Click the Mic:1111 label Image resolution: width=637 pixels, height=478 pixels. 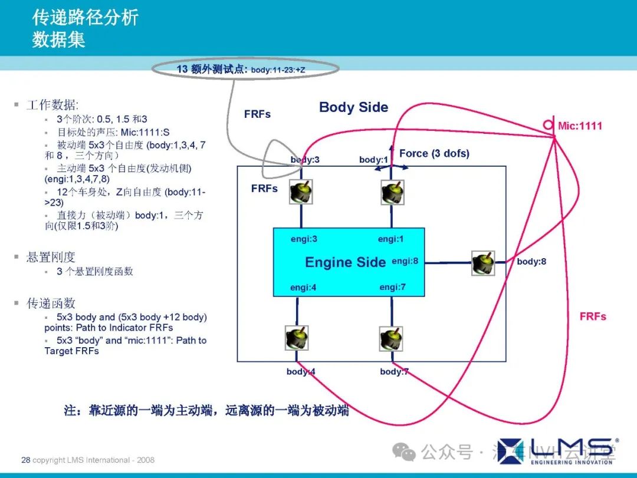(x=580, y=126)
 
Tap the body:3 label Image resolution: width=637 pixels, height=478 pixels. (x=305, y=160)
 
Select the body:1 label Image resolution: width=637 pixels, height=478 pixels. (x=374, y=160)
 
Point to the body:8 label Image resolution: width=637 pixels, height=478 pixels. (x=531, y=261)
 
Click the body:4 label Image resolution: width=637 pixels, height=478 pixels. (x=301, y=371)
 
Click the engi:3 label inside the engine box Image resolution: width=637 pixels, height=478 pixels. (x=304, y=239)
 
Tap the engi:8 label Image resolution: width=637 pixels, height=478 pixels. (x=405, y=261)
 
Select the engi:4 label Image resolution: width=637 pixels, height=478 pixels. (x=304, y=288)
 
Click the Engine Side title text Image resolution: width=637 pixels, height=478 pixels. (x=345, y=262)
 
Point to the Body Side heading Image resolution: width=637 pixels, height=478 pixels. (x=353, y=107)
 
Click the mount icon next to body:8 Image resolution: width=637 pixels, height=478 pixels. (x=483, y=263)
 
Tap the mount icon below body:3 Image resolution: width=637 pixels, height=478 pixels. (x=301, y=192)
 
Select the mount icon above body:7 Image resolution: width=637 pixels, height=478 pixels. (x=391, y=338)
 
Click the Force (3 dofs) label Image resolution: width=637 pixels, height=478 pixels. (x=434, y=153)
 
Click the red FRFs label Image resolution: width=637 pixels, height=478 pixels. (x=593, y=317)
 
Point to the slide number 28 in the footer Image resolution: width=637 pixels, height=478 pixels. (x=25, y=460)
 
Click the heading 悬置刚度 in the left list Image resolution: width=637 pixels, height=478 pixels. (x=51, y=258)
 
